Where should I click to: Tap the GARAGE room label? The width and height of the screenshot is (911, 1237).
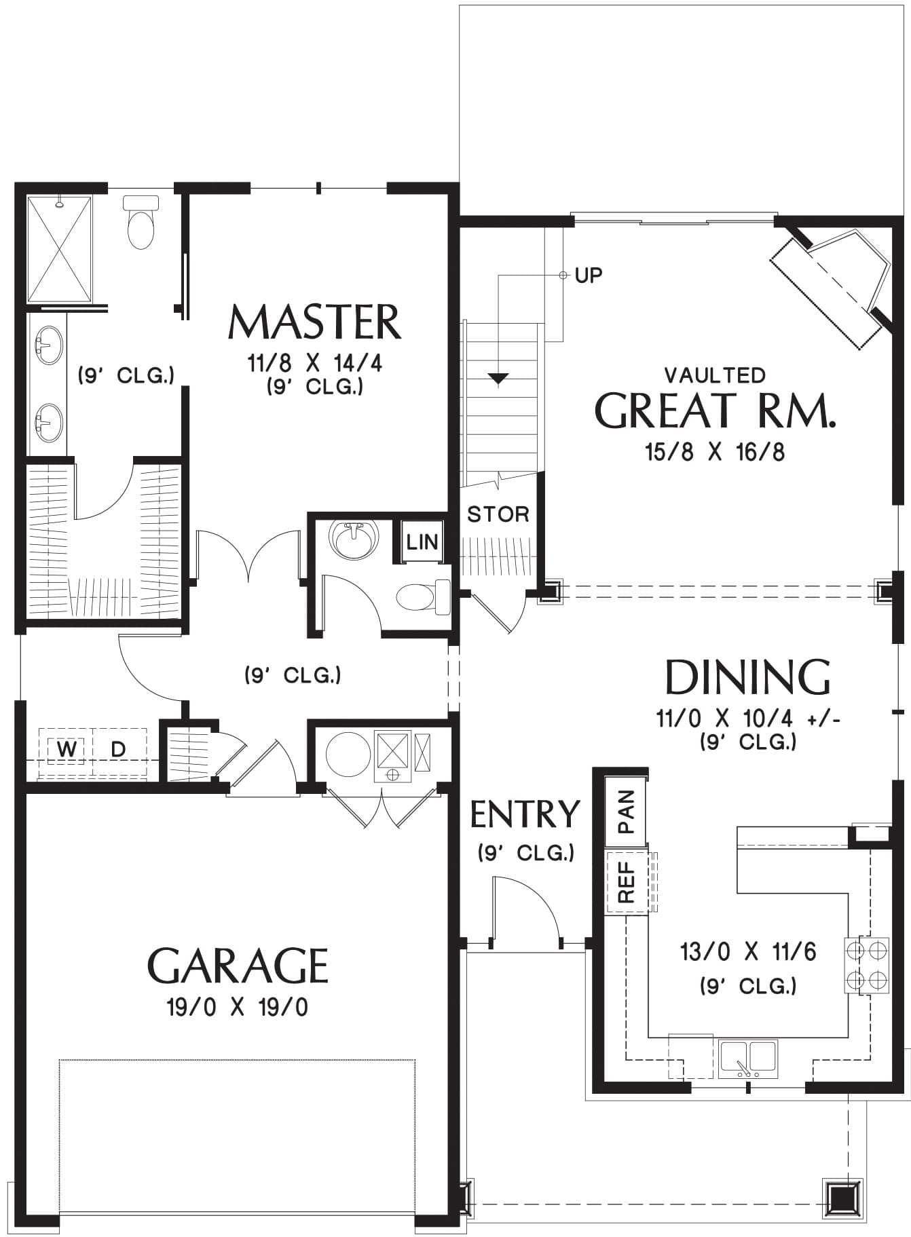(238, 966)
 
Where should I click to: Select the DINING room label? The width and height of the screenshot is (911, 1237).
(747, 677)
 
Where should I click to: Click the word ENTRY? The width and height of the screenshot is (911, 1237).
(525, 814)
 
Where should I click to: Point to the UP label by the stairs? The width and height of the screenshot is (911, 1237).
(589, 275)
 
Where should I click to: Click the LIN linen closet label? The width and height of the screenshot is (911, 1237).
(422, 542)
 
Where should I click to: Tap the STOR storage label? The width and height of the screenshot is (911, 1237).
(498, 514)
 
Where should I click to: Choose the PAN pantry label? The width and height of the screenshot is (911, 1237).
(626, 812)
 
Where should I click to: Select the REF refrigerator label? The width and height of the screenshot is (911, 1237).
(626, 881)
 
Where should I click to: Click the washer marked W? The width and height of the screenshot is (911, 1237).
(66, 749)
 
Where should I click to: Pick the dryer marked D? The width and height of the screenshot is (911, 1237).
(119, 749)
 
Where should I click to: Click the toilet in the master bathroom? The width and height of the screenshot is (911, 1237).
(141, 222)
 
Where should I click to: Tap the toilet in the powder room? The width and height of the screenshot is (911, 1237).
(424, 597)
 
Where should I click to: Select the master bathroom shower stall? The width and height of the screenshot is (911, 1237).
(58, 249)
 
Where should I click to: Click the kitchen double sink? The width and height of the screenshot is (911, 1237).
(747, 1059)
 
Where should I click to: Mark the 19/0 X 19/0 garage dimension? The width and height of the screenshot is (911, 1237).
(238, 1007)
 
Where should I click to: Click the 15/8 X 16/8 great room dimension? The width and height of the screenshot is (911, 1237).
(715, 452)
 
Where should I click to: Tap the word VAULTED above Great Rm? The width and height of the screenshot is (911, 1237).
(715, 375)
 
